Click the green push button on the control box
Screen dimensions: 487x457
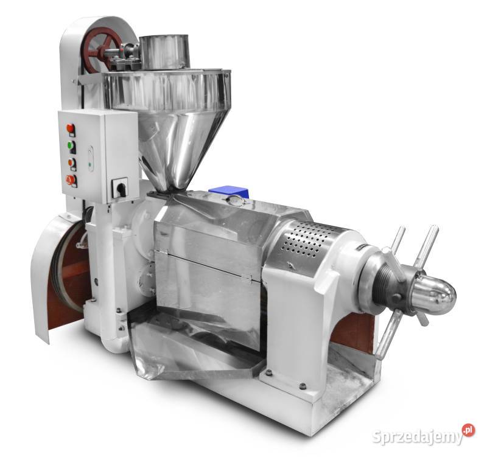tap(70, 145)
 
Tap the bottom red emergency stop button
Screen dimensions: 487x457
tap(69, 180)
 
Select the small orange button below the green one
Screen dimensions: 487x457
tap(71, 162)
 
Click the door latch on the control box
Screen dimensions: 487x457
tap(90, 159)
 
